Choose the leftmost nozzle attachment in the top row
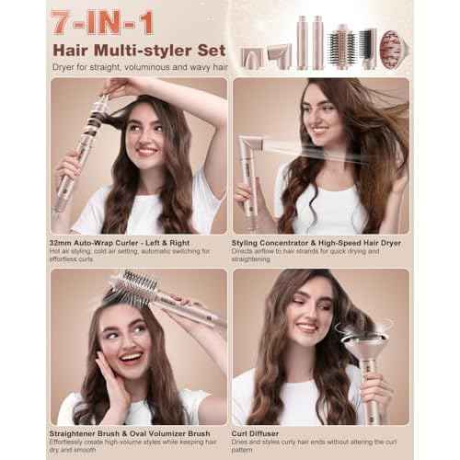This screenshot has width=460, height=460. (251, 57)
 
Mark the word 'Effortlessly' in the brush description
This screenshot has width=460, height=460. (73, 441)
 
